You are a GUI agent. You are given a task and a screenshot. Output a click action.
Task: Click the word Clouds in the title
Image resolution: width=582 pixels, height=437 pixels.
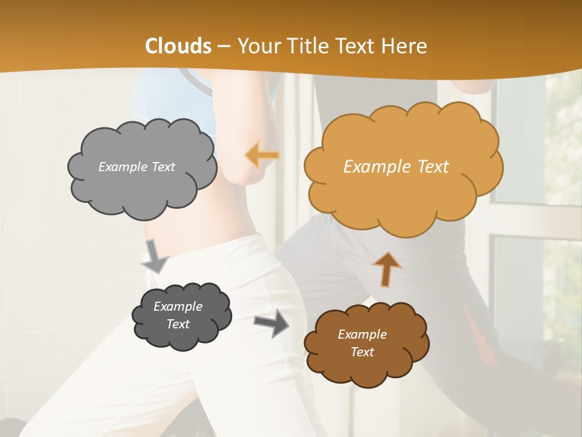pyautogui.click(x=178, y=46)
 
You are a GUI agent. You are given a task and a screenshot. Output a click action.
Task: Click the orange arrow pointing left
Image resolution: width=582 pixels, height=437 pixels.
pyautogui.click(x=263, y=155)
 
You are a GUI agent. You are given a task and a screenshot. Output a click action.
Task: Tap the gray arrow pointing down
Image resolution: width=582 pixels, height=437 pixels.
pyautogui.click(x=155, y=256)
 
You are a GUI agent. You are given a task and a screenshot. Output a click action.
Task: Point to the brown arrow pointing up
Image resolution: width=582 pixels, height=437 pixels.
pyautogui.click(x=386, y=268)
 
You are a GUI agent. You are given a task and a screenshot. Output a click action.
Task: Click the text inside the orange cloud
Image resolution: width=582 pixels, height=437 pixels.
pyautogui.click(x=396, y=167)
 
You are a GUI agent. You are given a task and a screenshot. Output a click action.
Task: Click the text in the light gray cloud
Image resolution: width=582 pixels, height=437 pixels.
pyautogui.click(x=136, y=167)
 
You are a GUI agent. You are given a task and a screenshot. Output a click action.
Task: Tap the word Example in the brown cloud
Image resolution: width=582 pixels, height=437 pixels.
pyautogui.click(x=362, y=334)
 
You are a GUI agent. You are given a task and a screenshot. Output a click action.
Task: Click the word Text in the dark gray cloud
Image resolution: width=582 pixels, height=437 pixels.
pyautogui.click(x=178, y=324)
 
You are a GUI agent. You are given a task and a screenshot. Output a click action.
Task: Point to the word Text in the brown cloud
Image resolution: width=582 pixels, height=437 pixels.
pyautogui.click(x=362, y=352)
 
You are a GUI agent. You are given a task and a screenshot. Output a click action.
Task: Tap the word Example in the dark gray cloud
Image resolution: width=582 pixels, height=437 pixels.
pyautogui.click(x=178, y=307)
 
